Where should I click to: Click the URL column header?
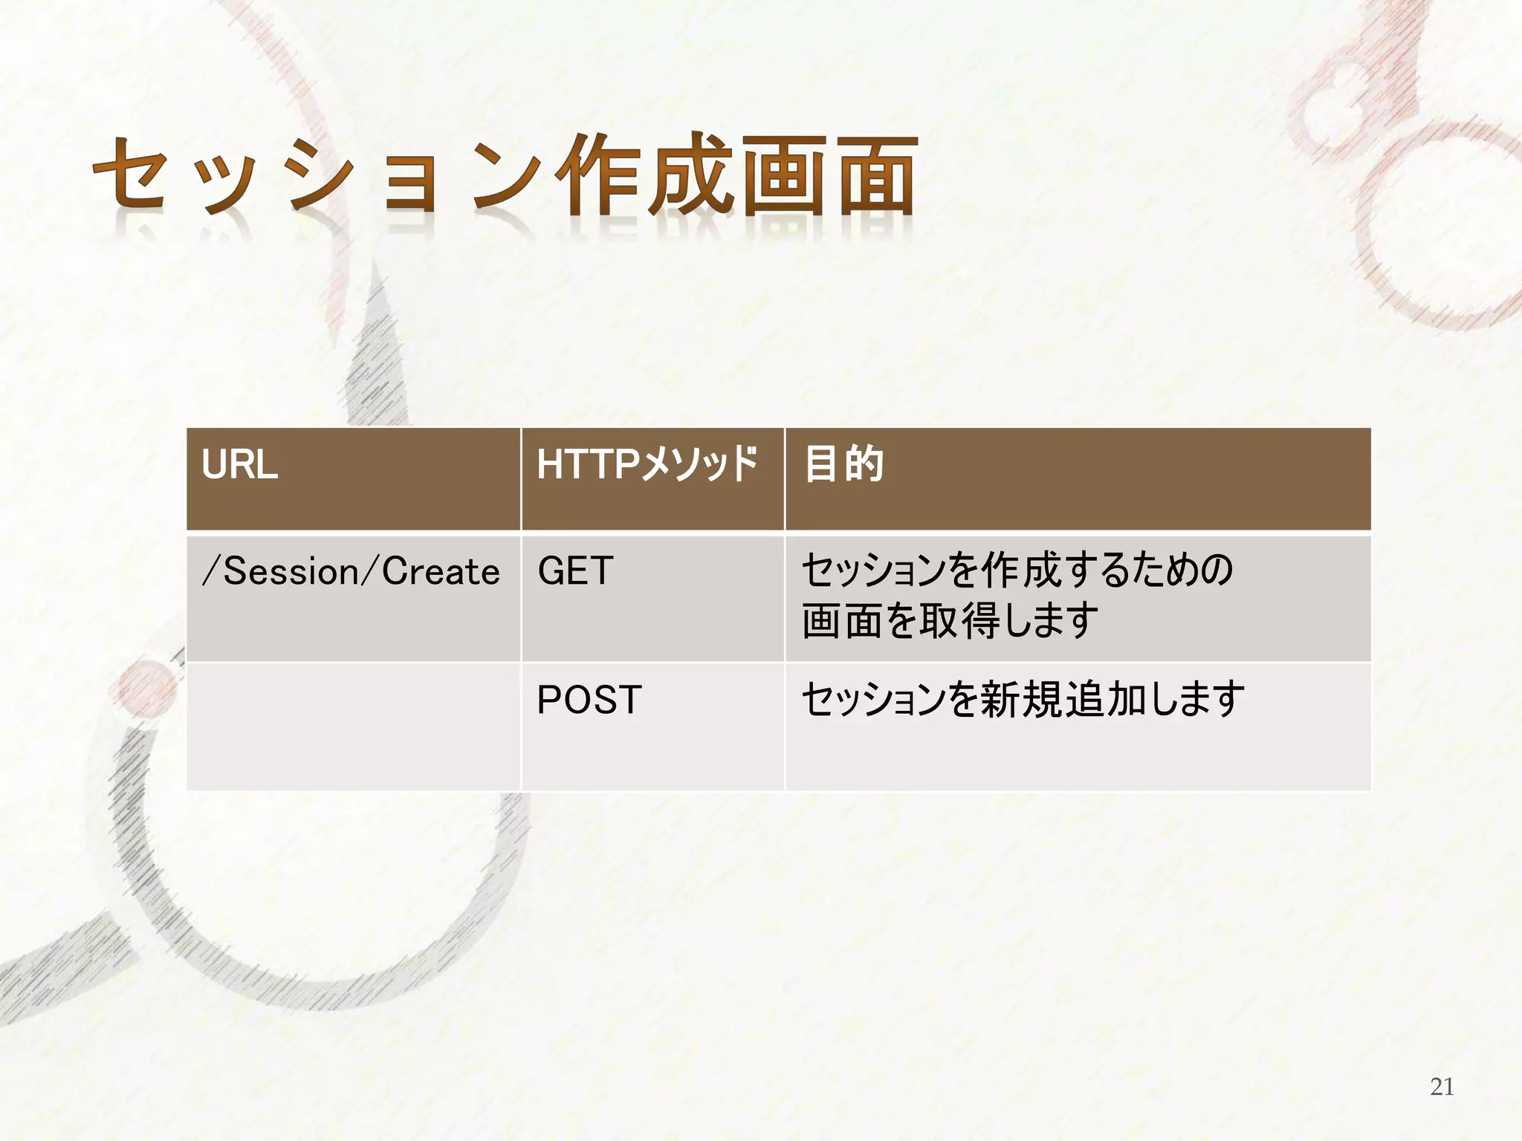click(x=239, y=466)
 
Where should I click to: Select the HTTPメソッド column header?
click(x=647, y=466)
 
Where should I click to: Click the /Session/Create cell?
click(x=351, y=572)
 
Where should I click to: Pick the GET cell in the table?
click(x=575, y=572)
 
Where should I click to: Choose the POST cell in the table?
click(x=589, y=700)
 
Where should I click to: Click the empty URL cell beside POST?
click(x=353, y=726)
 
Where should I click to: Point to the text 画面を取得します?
click(x=950, y=620)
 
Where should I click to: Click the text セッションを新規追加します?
click(x=1023, y=700)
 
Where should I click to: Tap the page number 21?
click(x=1442, y=1087)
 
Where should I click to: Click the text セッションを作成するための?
click(x=1017, y=571)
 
